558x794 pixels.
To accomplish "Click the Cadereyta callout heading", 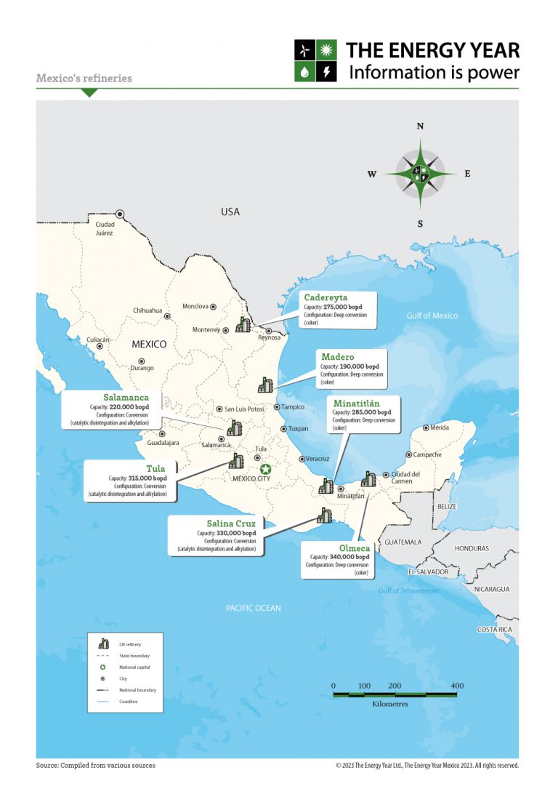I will (325, 298).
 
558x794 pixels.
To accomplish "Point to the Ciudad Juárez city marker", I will (121, 214).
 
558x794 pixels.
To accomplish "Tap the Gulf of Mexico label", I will (432, 316).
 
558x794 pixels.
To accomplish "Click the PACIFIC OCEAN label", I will (253, 608).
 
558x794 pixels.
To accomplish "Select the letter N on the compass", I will (420, 126).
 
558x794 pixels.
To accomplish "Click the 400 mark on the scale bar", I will (457, 686).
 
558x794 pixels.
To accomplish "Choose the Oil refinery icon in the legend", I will (104, 644).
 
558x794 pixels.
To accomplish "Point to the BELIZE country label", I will (444, 505).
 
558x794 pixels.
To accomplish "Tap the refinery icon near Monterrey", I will (243, 326).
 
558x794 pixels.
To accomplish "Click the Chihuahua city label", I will (147, 310).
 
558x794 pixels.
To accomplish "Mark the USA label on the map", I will (230, 212).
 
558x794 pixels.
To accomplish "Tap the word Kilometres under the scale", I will (390, 705).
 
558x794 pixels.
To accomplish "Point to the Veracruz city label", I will (318, 459).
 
